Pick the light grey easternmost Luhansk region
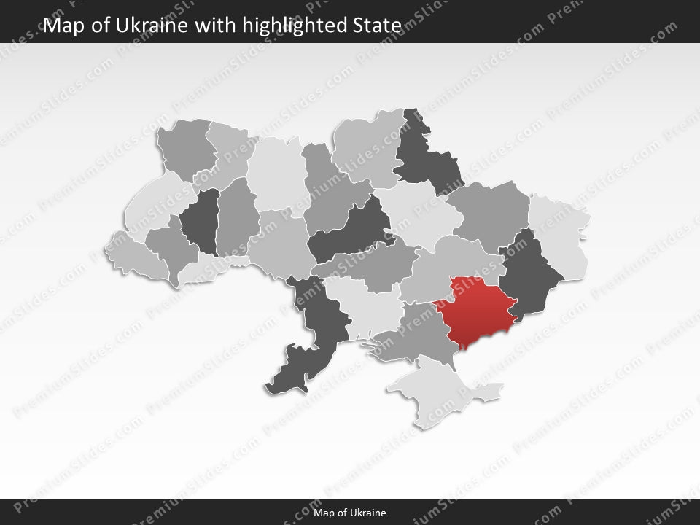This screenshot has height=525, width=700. [x=561, y=233]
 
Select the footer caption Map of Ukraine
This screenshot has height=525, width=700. [x=350, y=513]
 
